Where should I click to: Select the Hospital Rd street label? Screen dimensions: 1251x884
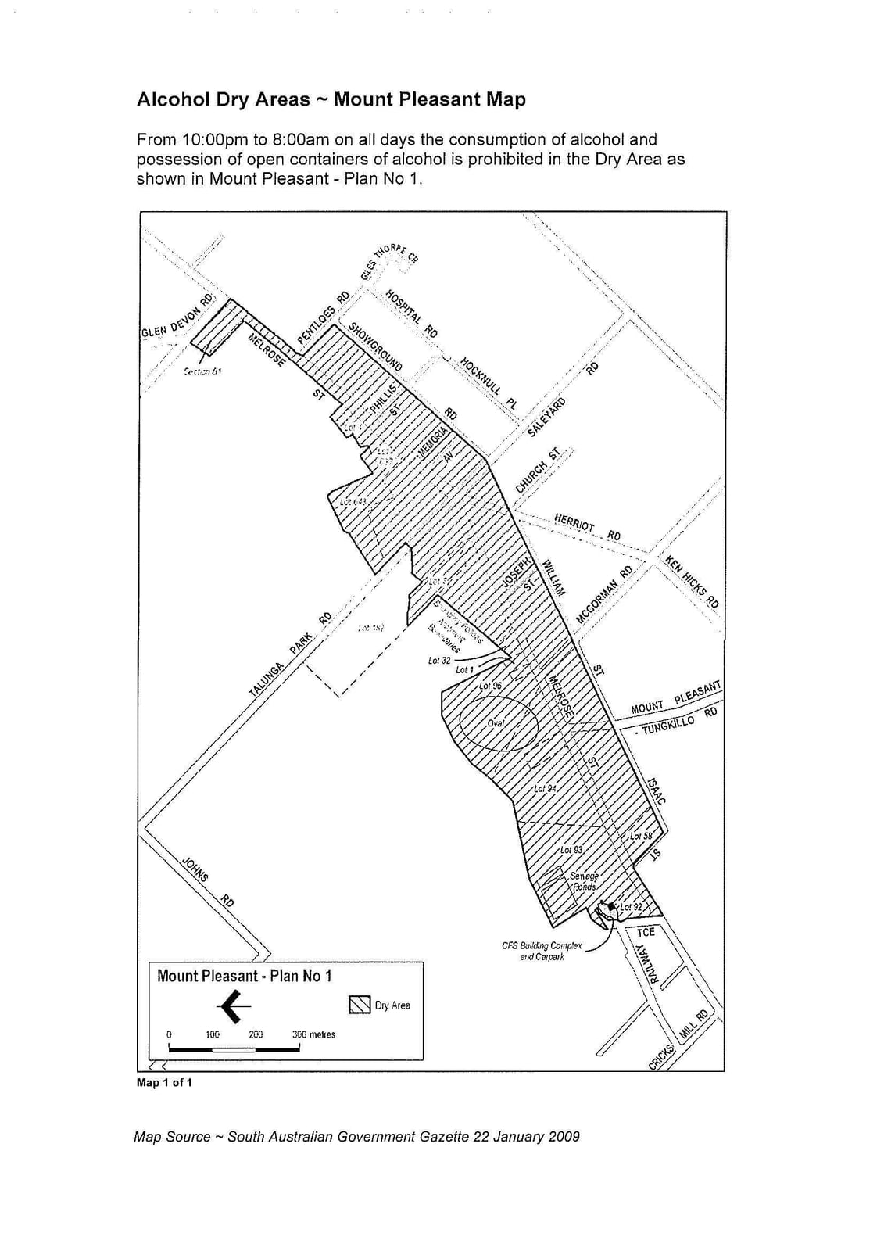411,314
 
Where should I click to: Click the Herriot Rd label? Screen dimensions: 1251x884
587,527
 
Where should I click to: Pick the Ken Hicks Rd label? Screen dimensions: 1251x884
692,581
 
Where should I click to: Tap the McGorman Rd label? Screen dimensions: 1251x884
604,595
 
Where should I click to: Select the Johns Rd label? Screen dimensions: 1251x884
207,881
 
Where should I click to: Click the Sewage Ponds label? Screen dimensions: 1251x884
584,881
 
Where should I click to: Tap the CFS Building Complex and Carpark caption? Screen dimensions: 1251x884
542,951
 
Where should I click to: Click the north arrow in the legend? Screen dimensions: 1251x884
233,1005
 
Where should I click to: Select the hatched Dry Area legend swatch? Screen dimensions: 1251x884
360,1005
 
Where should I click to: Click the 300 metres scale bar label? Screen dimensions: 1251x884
313,1034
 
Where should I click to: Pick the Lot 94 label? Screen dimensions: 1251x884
545,788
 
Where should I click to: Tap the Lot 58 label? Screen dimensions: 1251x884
641,836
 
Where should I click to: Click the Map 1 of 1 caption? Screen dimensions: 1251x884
164,1083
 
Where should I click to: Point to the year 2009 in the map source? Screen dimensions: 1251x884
564,1137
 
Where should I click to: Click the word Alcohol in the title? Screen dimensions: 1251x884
170,99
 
